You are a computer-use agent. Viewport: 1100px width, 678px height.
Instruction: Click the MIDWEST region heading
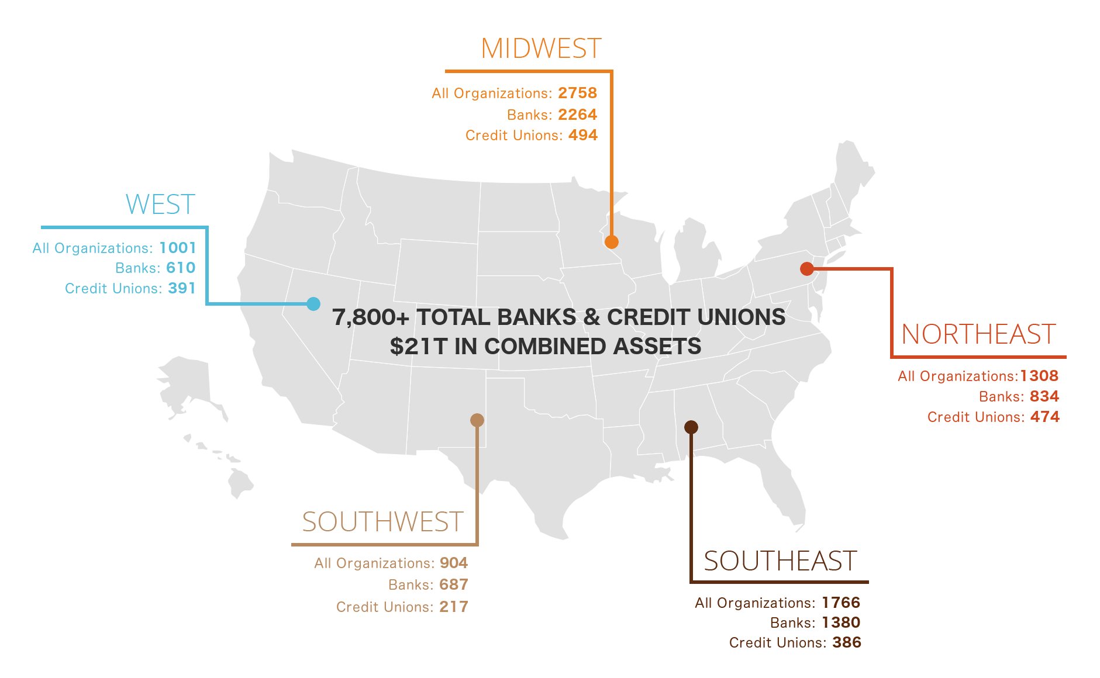pyautogui.click(x=541, y=49)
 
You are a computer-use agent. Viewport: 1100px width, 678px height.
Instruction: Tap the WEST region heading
pyautogui.click(x=160, y=205)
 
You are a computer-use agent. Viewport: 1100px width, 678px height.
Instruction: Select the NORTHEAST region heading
pyautogui.click(x=978, y=334)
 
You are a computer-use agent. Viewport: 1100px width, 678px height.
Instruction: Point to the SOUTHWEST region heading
pyautogui.click(x=382, y=522)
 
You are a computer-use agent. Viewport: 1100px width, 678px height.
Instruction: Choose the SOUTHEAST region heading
pyautogui.click(x=780, y=561)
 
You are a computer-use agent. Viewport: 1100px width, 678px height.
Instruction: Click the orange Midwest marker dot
pyautogui.click(x=612, y=241)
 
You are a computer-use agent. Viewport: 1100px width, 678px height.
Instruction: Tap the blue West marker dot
pyautogui.click(x=313, y=304)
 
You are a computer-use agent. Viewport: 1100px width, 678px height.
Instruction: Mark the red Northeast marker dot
pyautogui.click(x=807, y=269)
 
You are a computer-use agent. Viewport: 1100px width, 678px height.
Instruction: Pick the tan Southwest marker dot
pyautogui.click(x=477, y=420)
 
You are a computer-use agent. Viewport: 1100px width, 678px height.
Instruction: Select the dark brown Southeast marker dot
pyautogui.click(x=691, y=427)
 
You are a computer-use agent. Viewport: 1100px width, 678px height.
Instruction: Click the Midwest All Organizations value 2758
pyautogui.click(x=577, y=93)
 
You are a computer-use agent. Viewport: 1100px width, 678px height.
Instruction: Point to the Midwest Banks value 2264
pyautogui.click(x=577, y=115)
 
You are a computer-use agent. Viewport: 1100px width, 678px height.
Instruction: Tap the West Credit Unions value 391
pyautogui.click(x=181, y=288)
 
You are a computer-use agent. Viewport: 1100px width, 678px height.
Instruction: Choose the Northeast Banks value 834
pyautogui.click(x=1044, y=396)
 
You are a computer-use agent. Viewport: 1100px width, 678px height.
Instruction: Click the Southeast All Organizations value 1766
pyautogui.click(x=841, y=603)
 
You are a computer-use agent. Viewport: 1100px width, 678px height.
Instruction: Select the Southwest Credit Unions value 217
pyautogui.click(x=454, y=607)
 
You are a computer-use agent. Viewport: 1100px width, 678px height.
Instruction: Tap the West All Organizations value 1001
pyautogui.click(x=177, y=248)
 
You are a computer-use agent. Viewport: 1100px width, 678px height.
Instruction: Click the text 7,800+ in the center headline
pyautogui.click(x=371, y=317)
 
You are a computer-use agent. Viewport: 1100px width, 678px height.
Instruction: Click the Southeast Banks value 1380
pyautogui.click(x=841, y=622)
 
